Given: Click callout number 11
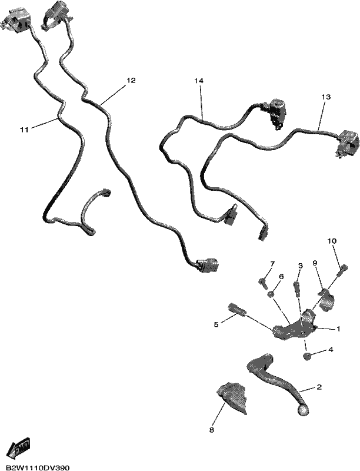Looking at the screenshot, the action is (24, 130).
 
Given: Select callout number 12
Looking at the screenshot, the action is (131, 81).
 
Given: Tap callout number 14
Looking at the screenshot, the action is (199, 81).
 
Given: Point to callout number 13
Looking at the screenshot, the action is (326, 97).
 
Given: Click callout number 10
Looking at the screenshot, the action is (332, 241).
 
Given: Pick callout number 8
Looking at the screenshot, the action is (212, 430).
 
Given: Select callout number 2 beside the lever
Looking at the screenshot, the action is (319, 387).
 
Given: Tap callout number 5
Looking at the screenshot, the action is (216, 324).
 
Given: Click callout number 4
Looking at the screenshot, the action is (331, 350).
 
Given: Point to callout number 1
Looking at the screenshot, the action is (338, 329).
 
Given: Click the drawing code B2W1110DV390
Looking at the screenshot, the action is (38, 467).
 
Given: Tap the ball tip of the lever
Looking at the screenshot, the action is (303, 410).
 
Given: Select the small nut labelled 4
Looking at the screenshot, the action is (306, 357).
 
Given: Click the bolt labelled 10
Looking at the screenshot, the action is (342, 270).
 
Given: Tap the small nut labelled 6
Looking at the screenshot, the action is (271, 294).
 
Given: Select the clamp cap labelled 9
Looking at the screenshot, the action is (326, 299).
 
